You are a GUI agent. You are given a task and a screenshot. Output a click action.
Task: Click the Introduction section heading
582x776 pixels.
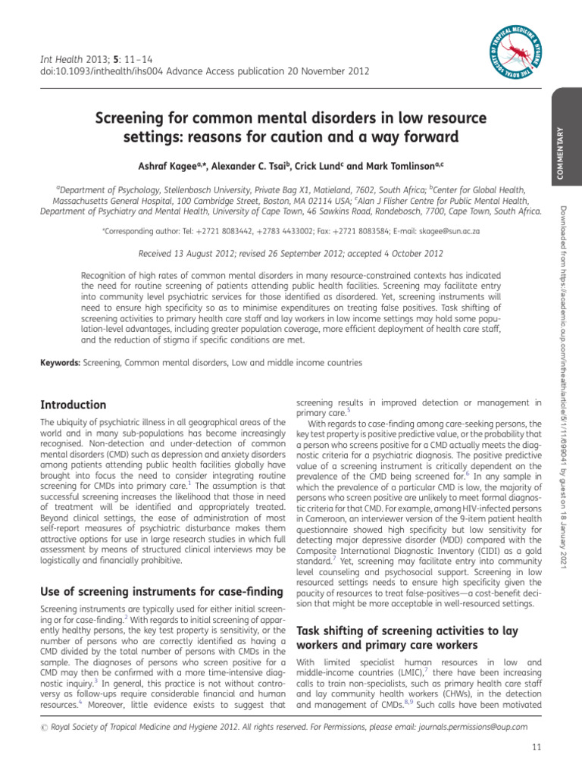click(x=73, y=405)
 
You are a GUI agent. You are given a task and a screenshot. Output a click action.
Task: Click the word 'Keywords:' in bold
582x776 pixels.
click(x=60, y=363)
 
